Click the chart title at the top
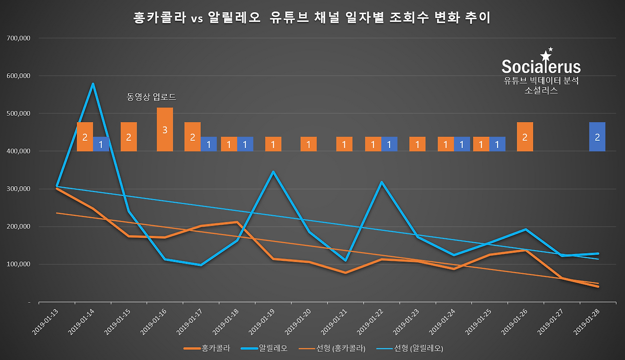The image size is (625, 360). tap(312, 18)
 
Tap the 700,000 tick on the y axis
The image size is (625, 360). tap(17, 38)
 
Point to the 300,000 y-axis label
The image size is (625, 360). tap(17, 189)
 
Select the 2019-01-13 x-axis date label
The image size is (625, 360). tap(45, 321)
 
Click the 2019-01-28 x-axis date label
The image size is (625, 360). tap(587, 321)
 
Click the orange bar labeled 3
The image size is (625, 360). tap(165, 129)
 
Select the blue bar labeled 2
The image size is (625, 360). tap(597, 137)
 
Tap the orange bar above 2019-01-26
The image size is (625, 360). tap(525, 137)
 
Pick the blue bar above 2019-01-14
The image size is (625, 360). tap(101, 144)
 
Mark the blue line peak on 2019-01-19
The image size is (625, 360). tap(273, 171)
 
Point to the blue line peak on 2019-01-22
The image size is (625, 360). tap(381, 182)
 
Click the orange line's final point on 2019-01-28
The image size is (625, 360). tap(598, 287)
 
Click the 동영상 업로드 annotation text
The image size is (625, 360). tap(151, 97)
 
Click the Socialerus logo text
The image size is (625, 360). tap(541, 66)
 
